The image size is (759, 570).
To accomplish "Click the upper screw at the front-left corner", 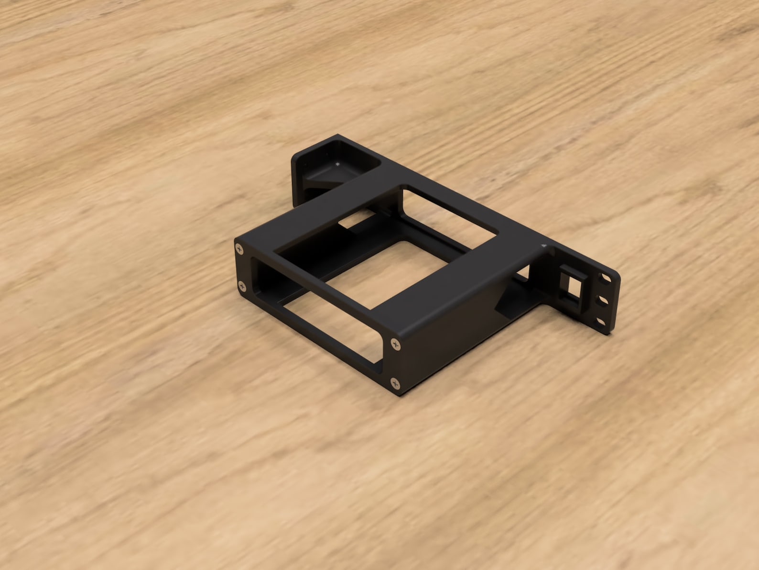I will coord(239,247).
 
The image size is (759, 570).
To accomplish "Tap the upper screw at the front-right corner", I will coord(395,343).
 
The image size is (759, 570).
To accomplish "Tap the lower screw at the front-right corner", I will coord(395,382).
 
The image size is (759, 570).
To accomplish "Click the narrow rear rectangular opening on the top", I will coord(449,213).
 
